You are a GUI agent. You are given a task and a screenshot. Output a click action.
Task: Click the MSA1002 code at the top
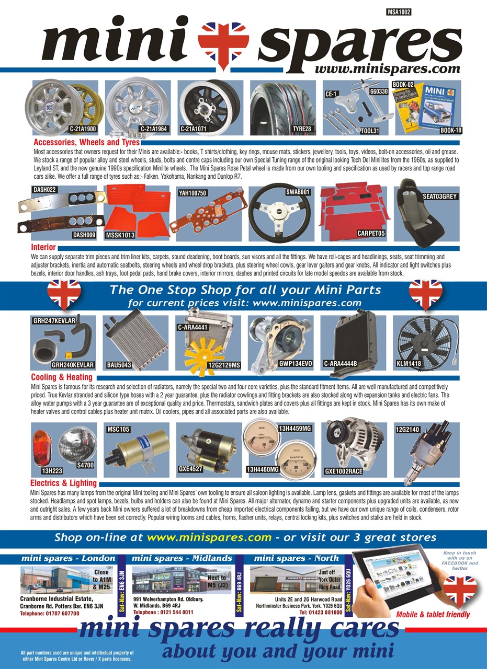399,10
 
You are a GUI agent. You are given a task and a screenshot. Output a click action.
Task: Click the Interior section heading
43,247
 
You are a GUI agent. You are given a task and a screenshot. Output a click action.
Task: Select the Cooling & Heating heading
62,377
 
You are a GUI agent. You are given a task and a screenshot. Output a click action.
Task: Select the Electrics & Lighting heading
63,483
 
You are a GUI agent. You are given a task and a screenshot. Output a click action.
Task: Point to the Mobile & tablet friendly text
433,615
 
